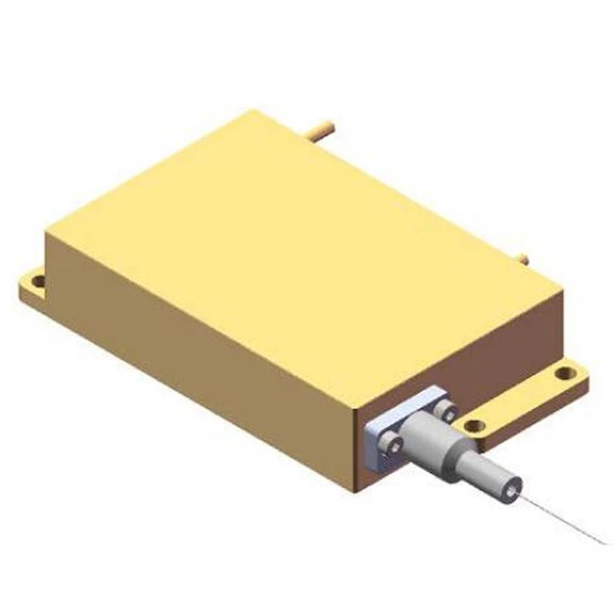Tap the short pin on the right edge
pos(522,259)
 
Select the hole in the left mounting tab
pos(38,282)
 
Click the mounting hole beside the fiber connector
pos(474,427)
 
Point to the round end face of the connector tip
pos(512,482)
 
